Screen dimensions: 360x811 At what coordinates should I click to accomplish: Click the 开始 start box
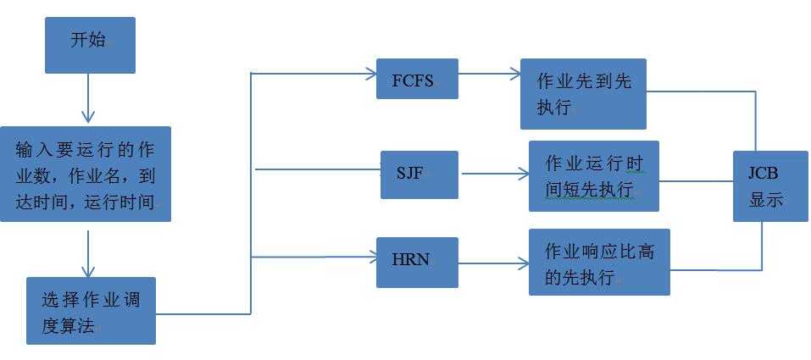pos(89,44)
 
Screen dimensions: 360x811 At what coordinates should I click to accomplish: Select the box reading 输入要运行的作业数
pos(86,174)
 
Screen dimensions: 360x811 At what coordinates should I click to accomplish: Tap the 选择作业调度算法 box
pos(91,310)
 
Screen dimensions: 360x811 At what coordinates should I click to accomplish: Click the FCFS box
pos(417,79)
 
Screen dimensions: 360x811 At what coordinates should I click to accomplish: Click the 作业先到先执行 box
pos(583,93)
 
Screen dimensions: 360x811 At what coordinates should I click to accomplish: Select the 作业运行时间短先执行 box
pos(593,176)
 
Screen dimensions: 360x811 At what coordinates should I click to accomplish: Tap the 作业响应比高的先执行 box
pos(599,262)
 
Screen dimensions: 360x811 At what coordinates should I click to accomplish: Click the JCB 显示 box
pos(769,186)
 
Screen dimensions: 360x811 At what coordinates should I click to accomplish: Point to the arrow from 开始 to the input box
pos(86,98)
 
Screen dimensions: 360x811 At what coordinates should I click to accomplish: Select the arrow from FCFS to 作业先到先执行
pos(489,75)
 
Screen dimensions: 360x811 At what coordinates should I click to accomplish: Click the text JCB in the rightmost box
pos(762,172)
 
